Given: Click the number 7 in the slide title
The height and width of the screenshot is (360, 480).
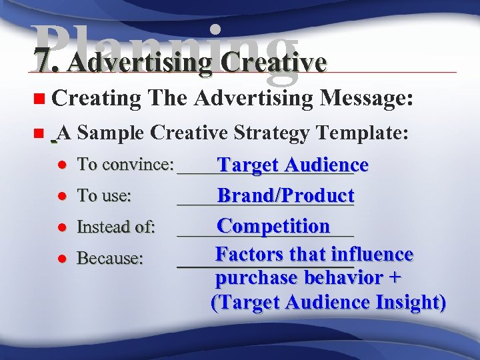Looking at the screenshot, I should click(x=44, y=62).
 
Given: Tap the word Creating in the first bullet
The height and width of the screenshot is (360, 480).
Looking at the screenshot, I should click(x=96, y=99).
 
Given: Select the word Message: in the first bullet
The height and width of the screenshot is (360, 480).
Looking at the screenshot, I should click(x=368, y=99).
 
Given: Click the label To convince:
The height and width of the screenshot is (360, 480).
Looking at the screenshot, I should click(x=125, y=164).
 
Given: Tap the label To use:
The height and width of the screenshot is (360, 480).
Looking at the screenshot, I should click(x=104, y=195).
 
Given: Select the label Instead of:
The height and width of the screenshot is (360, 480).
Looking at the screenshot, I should click(x=116, y=227).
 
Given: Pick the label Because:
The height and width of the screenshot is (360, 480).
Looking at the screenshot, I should click(x=110, y=258).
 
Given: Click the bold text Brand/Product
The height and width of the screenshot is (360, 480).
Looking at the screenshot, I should click(x=285, y=195).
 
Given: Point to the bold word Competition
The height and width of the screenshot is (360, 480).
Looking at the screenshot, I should click(x=273, y=226).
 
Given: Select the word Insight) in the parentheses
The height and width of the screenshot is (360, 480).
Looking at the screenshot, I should click(x=411, y=302).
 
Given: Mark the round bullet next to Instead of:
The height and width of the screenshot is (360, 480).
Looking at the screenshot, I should click(x=60, y=227).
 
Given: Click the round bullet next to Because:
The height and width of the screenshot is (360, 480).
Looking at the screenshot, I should click(x=60, y=259).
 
